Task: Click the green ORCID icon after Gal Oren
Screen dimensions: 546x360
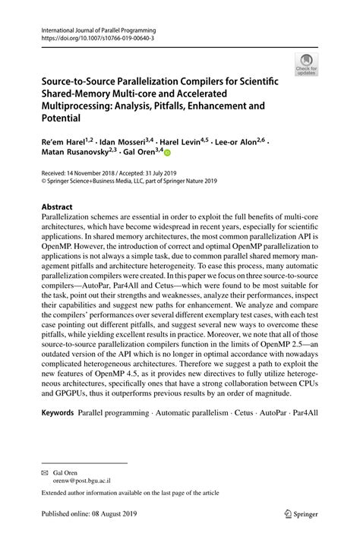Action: [x=169, y=153]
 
